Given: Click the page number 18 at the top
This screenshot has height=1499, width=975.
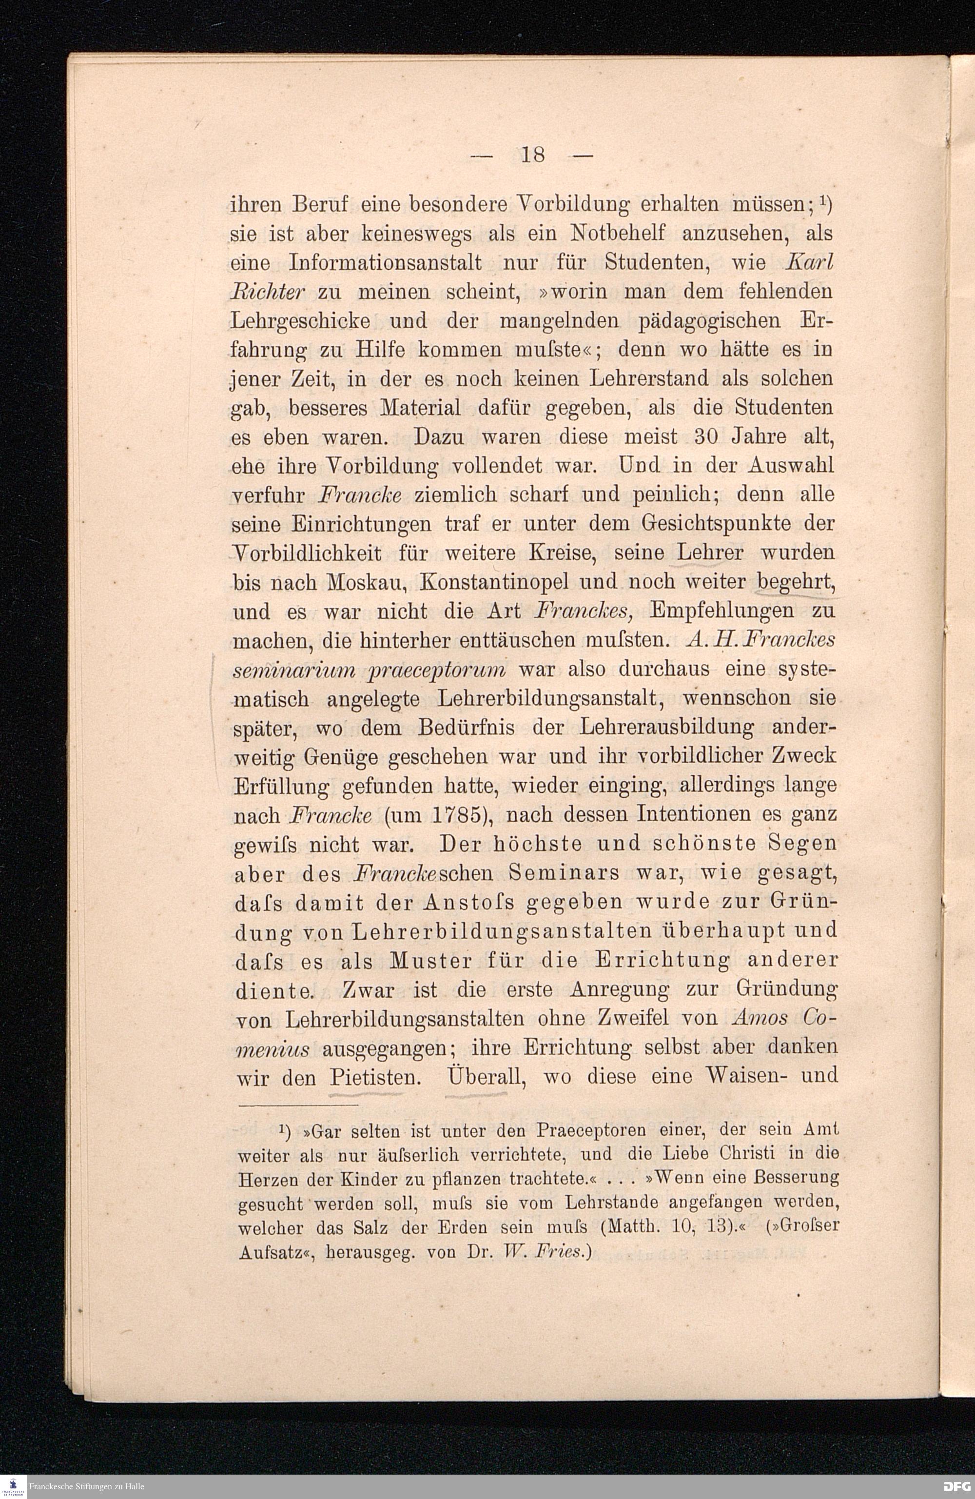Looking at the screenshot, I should (x=532, y=154).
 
